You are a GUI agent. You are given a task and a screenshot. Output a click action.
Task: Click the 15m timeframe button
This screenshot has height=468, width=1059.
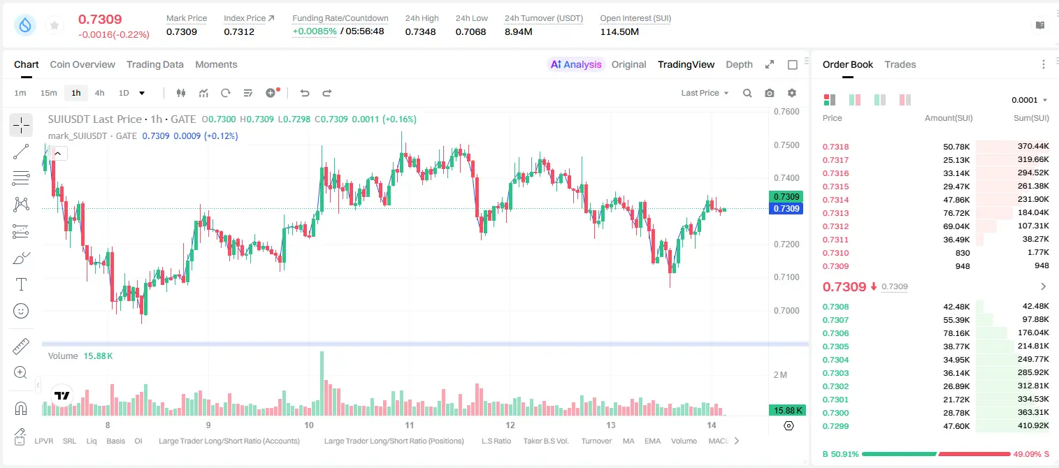pos(49,93)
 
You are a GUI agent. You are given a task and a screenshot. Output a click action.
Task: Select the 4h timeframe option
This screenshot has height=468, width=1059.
pos(99,93)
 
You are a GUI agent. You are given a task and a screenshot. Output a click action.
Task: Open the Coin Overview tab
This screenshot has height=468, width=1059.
pos(82,64)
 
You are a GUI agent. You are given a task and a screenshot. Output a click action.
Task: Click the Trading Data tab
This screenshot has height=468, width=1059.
pos(154,64)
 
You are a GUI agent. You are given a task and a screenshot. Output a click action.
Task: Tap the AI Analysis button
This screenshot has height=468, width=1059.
pos(576,64)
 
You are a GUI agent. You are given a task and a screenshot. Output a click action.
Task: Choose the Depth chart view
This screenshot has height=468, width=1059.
pos(739,64)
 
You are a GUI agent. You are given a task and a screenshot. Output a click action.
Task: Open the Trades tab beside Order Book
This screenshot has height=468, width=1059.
pos(900,64)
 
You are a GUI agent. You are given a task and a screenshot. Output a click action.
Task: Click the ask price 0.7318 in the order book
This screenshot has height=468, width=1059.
pos(835,147)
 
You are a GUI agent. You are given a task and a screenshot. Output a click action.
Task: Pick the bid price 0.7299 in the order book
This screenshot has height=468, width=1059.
pos(835,426)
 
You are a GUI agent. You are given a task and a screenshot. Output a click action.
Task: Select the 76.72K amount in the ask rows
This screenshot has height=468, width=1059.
pos(956,213)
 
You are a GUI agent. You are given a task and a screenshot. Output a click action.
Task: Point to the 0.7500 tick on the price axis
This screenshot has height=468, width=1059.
pos(786,145)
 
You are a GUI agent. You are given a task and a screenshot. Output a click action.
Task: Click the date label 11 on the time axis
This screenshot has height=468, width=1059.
pos(410,425)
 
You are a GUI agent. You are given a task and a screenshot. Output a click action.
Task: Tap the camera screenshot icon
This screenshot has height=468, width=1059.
pos(770,93)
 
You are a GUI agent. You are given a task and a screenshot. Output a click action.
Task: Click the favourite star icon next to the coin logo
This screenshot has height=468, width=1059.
pos(55,25)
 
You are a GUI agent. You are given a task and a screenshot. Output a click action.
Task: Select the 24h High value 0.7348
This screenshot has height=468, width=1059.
pos(420,31)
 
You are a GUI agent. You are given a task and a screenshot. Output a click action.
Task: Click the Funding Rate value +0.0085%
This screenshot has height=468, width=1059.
pos(315,31)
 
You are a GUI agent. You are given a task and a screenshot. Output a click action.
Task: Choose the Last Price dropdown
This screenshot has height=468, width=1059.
pos(705,93)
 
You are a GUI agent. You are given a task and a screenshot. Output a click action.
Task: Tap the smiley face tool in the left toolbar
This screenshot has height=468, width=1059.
pos(21,311)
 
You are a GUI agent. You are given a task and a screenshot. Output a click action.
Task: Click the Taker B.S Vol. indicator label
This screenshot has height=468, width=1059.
pos(545,441)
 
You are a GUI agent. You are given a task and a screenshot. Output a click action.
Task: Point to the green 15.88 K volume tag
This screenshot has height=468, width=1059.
pos(787,411)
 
